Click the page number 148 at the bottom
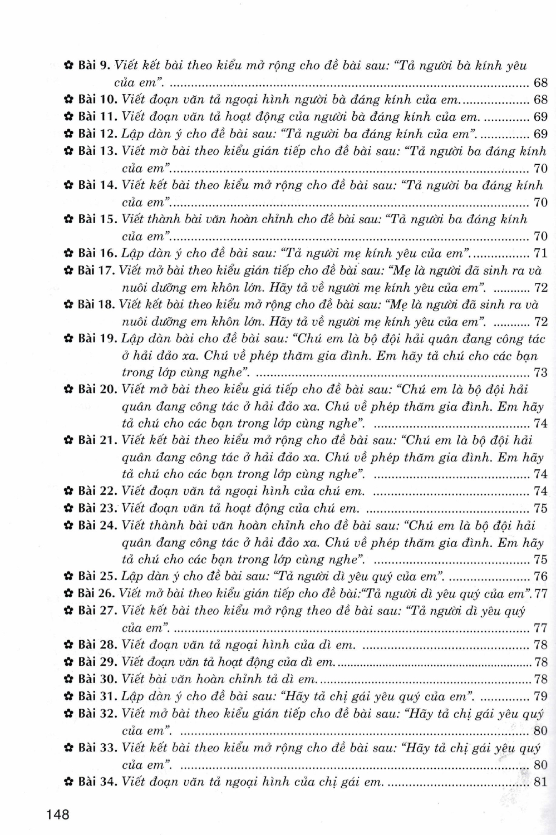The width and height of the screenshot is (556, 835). [58, 814]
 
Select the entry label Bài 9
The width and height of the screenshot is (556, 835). [95, 66]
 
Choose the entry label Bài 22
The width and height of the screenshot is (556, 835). [97, 491]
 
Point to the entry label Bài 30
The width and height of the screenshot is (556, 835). [97, 679]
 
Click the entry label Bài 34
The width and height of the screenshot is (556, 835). [97, 782]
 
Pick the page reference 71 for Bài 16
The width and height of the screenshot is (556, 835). [540, 253]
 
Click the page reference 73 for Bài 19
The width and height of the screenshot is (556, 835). [540, 372]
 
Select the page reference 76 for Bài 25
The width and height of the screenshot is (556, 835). [540, 576]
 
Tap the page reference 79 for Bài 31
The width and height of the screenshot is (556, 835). [540, 696]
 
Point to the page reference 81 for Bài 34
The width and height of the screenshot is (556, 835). [540, 782]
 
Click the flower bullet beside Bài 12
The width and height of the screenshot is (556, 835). [69, 134]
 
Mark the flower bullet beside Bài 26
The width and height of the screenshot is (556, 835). [69, 593]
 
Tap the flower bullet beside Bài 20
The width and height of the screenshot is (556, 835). [69, 390]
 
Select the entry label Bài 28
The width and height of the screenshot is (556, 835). [97, 645]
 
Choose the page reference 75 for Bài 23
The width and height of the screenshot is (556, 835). [540, 508]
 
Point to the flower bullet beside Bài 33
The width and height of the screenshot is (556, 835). [69, 748]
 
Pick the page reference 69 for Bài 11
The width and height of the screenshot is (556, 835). [540, 117]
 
